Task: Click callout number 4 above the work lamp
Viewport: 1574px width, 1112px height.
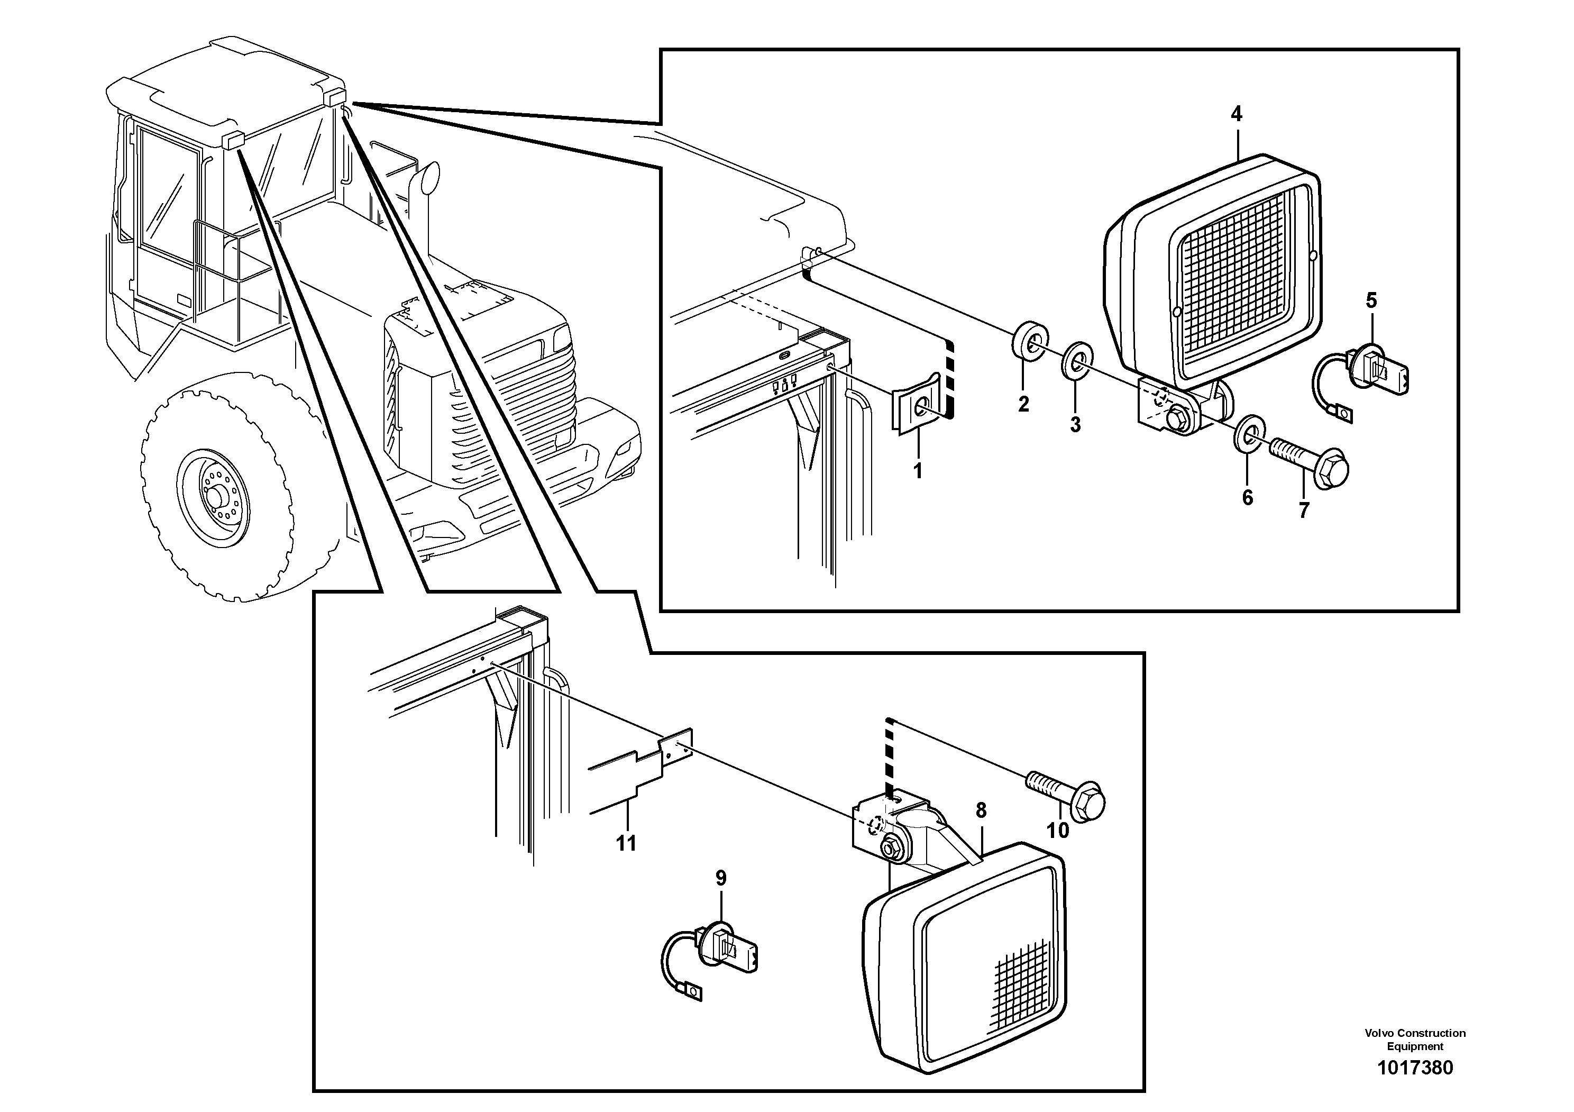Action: (x=1236, y=114)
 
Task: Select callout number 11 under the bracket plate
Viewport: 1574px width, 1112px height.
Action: (x=626, y=843)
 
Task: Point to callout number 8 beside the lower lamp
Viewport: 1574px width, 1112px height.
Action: (x=981, y=810)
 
